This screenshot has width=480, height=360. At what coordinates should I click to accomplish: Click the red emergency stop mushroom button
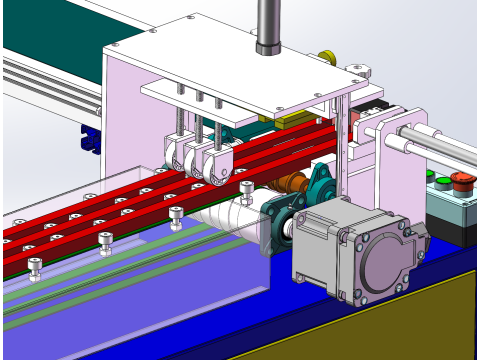462,181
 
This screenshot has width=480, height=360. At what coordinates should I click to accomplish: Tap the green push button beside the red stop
442,182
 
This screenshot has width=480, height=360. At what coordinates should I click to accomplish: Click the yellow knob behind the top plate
326,57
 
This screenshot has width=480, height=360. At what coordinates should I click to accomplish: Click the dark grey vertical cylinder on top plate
269,25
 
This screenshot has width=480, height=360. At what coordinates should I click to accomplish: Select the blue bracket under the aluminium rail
90,140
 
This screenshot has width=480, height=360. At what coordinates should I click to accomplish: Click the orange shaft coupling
293,183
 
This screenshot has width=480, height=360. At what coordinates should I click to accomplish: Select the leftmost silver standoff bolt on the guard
34,268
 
